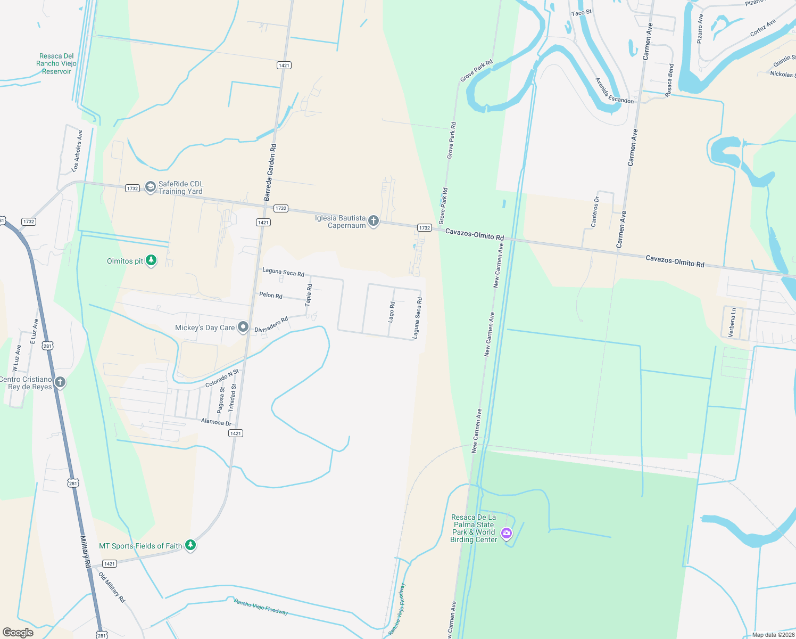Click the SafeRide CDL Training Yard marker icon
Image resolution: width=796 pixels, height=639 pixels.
point(151,187)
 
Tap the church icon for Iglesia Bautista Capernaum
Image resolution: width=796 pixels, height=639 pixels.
point(374,221)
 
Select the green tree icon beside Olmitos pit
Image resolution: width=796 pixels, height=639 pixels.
point(152,260)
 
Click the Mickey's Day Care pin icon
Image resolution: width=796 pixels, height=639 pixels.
point(243,327)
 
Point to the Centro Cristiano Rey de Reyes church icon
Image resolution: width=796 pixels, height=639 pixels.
point(60,382)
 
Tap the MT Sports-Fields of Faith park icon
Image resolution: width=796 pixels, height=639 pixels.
point(190,545)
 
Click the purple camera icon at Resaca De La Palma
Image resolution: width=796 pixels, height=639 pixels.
point(507,532)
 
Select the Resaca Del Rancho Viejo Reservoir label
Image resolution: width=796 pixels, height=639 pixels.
point(56,63)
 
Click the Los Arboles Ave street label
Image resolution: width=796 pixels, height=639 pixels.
point(77,151)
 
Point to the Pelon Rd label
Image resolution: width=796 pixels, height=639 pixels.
point(271,295)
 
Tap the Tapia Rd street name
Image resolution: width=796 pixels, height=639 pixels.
point(309,294)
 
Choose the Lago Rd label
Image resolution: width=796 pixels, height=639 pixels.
point(392,312)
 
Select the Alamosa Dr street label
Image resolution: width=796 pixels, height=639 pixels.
point(216,422)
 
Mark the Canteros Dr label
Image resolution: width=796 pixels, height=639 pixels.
point(595,212)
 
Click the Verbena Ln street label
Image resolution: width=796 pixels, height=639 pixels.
point(732,322)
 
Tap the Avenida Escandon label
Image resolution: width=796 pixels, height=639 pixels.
point(614,91)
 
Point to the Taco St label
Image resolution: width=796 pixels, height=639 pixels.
point(581,13)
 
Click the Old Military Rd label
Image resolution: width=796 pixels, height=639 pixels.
point(112,587)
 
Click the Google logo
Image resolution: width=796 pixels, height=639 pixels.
point(18,633)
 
